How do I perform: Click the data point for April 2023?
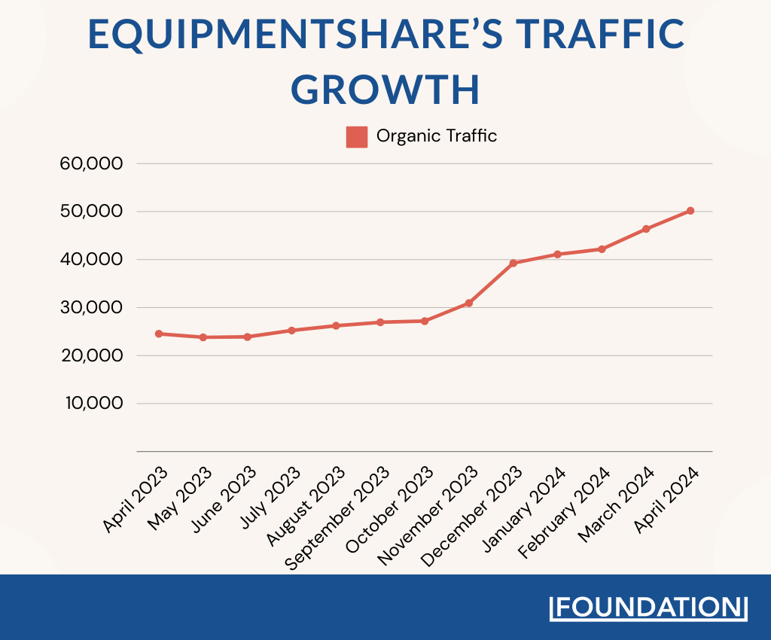[x=159, y=334]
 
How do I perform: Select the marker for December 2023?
[x=513, y=263]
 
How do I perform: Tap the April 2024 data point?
[x=690, y=211]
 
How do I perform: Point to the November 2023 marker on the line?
[x=469, y=303]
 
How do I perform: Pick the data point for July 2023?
[x=291, y=331]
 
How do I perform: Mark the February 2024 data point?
[x=602, y=249]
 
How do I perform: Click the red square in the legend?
[x=357, y=137]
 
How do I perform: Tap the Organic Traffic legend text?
[x=437, y=136]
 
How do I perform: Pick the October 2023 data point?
[x=425, y=321]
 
